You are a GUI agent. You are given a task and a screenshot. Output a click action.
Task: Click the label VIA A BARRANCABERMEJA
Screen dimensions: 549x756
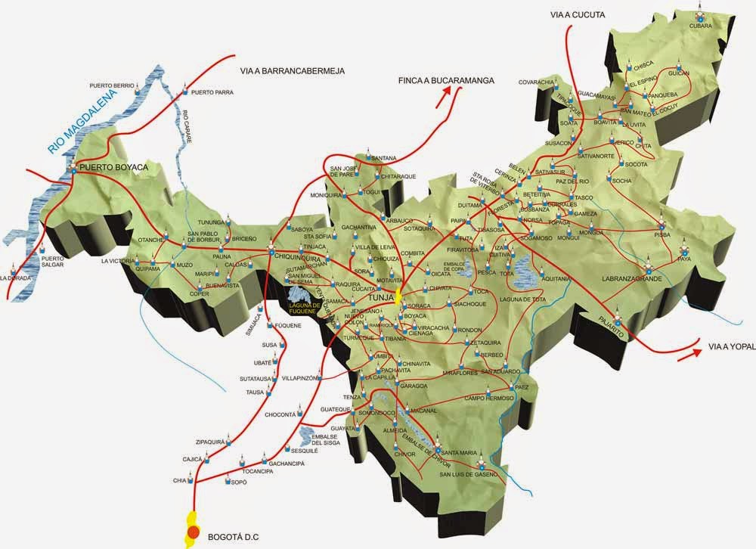point(292,71)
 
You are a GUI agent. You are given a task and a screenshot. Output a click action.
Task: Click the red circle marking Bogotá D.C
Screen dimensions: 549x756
point(194,533)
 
